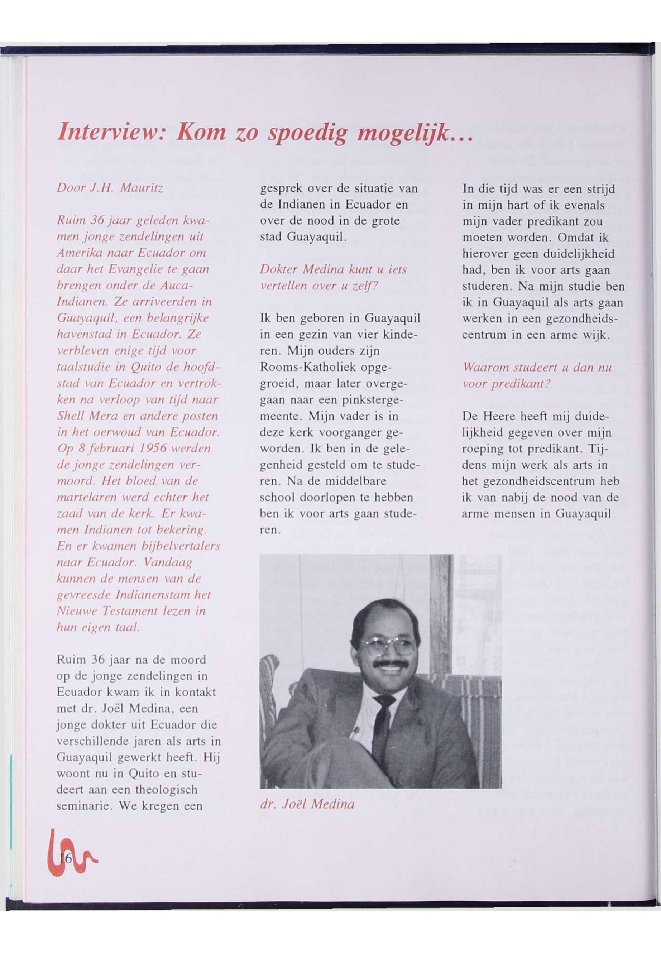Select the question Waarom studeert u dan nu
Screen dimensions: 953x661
pos(537,368)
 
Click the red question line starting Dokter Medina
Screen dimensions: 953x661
pos(333,270)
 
